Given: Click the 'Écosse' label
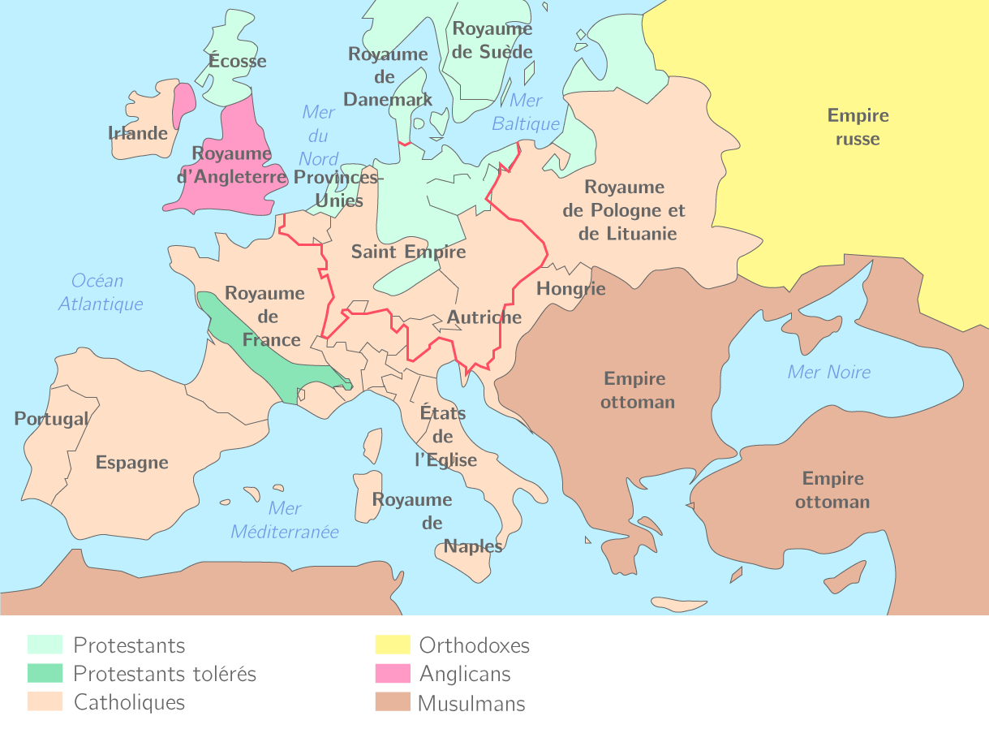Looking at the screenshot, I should tap(237, 61).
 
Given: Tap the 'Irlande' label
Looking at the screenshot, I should tap(138, 133).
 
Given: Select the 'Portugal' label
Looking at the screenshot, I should tap(51, 419).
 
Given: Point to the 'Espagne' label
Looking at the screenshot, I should tap(132, 463).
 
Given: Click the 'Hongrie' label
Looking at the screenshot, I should tap(570, 289).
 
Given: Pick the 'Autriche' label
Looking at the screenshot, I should tap(484, 317).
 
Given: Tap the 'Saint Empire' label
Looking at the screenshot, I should tap(408, 252).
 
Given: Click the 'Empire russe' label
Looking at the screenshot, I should tap(858, 127).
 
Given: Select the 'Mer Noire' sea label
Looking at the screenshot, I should tap(828, 372).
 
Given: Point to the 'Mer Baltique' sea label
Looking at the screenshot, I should tap(526, 112).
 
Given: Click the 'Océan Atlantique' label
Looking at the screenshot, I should tap(100, 292).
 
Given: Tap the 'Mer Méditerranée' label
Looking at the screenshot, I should tap(285, 520).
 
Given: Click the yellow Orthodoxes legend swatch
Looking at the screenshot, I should tap(392, 645).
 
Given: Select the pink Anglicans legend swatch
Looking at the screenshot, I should tap(392, 674).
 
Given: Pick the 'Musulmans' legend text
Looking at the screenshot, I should tap(471, 704).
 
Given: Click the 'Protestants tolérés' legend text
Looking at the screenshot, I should tap(165, 674).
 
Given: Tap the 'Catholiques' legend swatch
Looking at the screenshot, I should tap(45, 702).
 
